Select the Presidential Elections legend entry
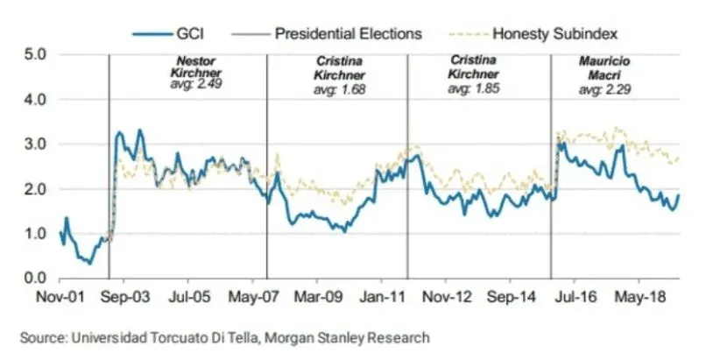[x=348, y=33]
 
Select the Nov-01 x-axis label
[x=59, y=298]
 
